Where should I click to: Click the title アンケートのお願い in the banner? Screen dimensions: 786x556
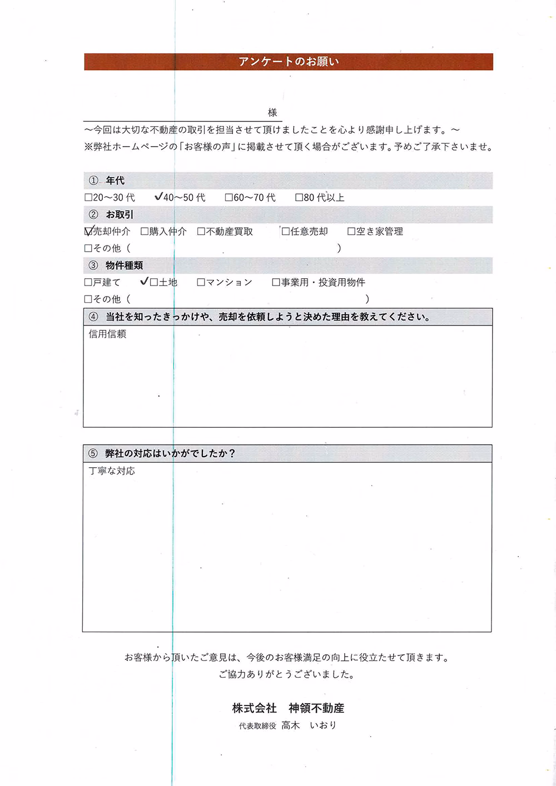tap(289, 62)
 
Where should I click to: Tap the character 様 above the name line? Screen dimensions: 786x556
tap(272, 113)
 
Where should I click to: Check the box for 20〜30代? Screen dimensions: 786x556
tap(88, 198)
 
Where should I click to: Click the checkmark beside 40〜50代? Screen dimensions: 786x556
tap(158, 197)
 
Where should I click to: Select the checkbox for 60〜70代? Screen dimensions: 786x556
tap(229, 198)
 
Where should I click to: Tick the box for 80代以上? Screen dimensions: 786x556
tap(299, 198)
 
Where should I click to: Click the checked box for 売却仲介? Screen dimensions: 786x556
tap(88, 231)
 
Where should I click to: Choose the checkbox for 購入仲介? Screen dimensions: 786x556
tap(145, 232)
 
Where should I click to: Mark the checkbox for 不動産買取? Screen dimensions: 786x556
tap(201, 232)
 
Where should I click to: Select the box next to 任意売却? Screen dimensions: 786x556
tap(286, 232)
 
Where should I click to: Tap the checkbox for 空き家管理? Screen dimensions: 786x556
tap(351, 232)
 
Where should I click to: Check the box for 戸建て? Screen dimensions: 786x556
tap(88, 283)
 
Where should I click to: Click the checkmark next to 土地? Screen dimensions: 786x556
tap(145, 282)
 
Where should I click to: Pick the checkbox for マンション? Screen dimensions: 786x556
tap(201, 283)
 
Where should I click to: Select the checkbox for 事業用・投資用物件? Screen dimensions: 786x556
tap(276, 283)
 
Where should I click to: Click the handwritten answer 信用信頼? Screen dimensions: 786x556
tap(107, 334)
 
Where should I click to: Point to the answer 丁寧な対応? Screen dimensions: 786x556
tap(112, 471)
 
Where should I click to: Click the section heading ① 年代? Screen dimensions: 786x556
tap(107, 181)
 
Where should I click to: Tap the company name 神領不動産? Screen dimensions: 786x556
tap(316, 708)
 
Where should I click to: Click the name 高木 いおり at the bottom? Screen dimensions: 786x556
tap(309, 725)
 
